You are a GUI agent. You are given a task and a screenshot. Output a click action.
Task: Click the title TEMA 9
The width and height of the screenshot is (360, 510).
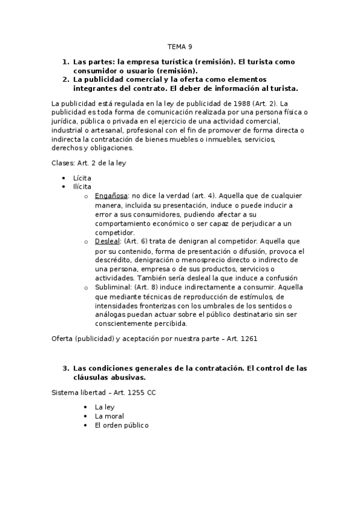[x=180, y=47]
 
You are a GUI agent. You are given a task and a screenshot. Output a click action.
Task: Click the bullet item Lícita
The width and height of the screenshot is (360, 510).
[x=82, y=179]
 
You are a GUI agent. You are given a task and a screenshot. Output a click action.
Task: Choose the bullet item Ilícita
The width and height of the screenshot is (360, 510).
[x=82, y=187]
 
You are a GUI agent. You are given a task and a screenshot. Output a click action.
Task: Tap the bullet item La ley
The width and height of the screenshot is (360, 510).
[x=104, y=407]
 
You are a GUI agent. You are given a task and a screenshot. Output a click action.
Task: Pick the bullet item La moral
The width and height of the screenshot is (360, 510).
[x=109, y=416]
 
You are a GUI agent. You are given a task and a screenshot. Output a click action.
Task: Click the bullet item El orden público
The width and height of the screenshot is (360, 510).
[x=121, y=425]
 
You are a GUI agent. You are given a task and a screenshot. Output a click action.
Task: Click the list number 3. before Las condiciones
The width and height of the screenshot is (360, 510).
[x=66, y=368]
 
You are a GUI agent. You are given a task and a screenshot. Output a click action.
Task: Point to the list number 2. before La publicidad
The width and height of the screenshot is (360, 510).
[x=66, y=79]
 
